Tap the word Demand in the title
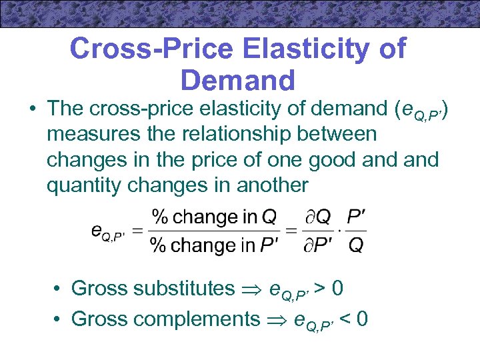237,80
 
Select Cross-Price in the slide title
152,49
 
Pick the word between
343,134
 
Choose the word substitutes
184,288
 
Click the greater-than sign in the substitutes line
319,288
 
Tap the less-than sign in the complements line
345,319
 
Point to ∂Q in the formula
316,217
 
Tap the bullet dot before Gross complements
59,319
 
